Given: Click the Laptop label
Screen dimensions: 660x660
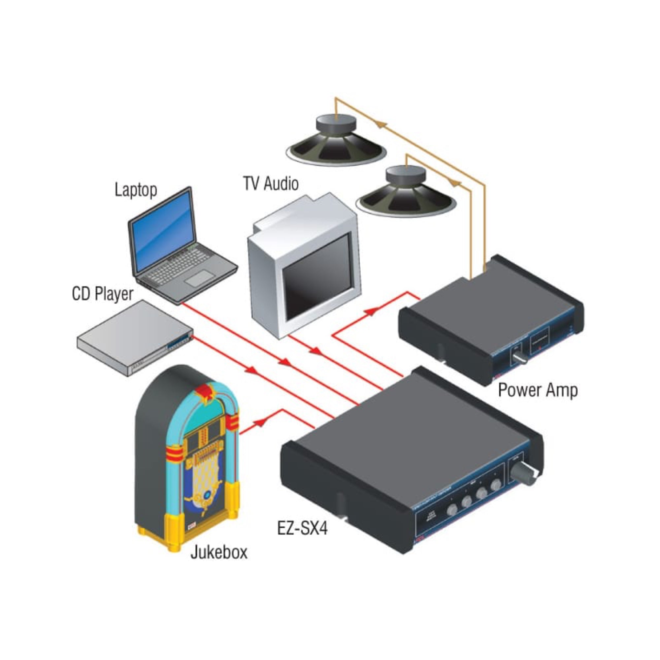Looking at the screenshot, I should [136, 190].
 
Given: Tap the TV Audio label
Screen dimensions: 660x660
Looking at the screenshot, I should [271, 183].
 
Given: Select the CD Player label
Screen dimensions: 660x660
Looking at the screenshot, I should [103, 294].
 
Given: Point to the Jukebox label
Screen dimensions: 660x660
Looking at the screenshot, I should [219, 552].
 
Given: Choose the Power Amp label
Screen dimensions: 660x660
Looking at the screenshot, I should [538, 390].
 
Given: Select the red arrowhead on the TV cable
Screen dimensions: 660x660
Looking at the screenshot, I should [316, 351].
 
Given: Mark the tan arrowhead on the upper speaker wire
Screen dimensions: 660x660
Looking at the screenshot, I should [380, 124].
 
